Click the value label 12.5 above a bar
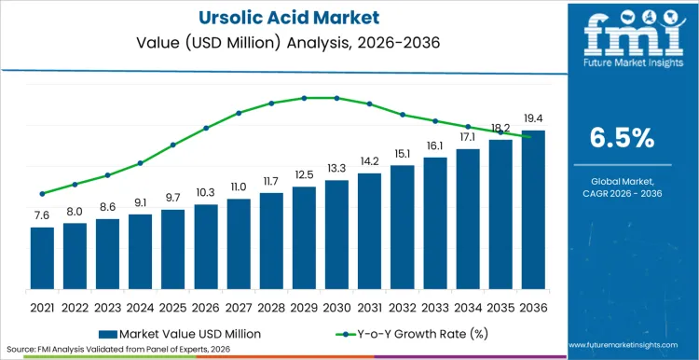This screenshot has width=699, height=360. tap(304, 175)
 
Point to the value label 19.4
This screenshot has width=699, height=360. tap(533, 119)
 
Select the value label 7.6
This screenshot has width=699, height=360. tap(42, 215)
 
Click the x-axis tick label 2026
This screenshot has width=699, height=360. tap(206, 306)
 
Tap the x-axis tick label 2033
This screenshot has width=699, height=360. tap(435, 306)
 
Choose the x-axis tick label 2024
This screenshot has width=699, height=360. tap(140, 306)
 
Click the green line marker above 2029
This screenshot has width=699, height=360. tap(304, 98)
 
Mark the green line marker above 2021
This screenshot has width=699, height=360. tap(42, 194)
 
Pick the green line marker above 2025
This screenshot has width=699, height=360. tap(172, 145)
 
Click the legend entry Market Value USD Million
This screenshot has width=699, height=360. tap(182, 333)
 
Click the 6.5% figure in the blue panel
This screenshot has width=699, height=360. tap(623, 138)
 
